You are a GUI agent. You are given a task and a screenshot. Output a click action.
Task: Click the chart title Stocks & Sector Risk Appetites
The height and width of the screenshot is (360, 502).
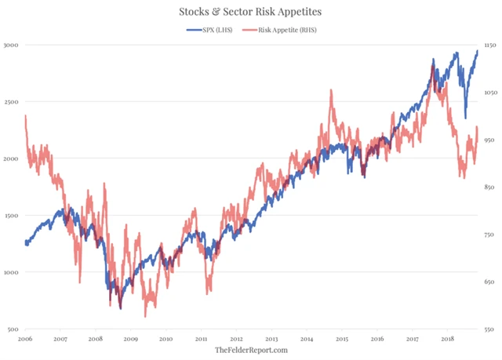click(251, 12)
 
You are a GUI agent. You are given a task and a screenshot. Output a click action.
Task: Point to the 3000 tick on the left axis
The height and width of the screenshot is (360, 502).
click(11, 45)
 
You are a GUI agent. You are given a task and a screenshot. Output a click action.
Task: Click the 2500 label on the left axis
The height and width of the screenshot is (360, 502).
click(11, 102)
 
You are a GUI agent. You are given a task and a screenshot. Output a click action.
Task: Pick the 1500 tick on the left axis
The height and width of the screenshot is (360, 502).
click(11, 216)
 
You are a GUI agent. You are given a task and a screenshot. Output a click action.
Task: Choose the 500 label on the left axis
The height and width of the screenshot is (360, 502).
click(13, 329)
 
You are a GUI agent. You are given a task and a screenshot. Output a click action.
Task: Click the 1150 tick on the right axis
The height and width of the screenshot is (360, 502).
click(490, 45)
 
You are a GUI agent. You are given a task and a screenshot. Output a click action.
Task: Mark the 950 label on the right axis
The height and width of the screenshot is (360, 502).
click(489, 140)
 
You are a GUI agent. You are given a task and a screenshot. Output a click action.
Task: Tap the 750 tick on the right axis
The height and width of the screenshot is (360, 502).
click(489, 235)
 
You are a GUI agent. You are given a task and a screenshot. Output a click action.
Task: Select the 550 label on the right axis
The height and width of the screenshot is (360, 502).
click(489, 329)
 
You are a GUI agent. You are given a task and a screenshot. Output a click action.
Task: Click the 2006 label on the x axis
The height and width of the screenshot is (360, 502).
click(25, 339)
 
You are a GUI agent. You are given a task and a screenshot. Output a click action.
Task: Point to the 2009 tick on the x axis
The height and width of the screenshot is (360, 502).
click(130, 339)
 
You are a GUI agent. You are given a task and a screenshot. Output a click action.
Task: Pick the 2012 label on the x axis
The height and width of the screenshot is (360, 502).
click(236, 339)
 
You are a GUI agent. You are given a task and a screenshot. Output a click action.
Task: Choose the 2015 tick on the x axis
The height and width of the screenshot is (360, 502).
click(342, 339)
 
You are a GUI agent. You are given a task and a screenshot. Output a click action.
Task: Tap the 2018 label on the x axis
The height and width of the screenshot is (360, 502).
click(448, 339)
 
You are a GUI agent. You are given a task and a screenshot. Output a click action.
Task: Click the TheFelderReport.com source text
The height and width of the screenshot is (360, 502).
click(251, 350)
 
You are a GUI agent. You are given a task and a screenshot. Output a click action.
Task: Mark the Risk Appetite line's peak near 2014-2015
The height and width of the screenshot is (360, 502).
click(331, 90)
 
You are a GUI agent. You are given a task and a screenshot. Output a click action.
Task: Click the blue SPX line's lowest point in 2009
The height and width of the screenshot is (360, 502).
click(121, 308)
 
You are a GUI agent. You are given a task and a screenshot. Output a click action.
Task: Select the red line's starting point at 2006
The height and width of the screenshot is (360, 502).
click(26, 116)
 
